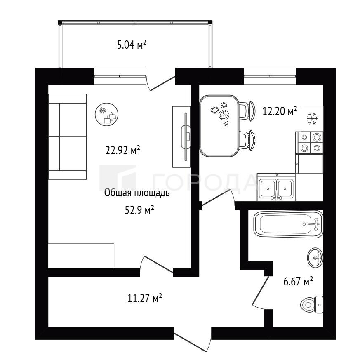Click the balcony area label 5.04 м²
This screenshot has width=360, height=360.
click(132, 45)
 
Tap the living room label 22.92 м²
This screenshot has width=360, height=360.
click(122, 151)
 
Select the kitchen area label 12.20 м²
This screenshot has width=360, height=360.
click(280, 111)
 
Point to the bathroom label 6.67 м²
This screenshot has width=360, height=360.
click(298, 281)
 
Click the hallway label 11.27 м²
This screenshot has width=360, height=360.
click(145, 299)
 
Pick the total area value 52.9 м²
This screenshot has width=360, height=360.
click(139, 210)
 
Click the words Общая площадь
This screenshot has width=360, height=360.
click(137, 193)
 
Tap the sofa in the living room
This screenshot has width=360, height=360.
click(68, 137)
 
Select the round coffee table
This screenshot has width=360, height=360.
click(106, 114)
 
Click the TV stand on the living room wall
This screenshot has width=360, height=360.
click(181, 136)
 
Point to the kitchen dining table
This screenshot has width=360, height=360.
click(219, 126)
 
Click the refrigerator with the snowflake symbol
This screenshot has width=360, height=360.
click(312, 118)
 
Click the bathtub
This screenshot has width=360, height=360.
click(288, 224)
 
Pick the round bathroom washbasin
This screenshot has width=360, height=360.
click(315, 257)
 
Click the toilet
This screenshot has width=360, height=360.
click(312, 305)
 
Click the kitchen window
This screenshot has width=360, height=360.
click(270, 76)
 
